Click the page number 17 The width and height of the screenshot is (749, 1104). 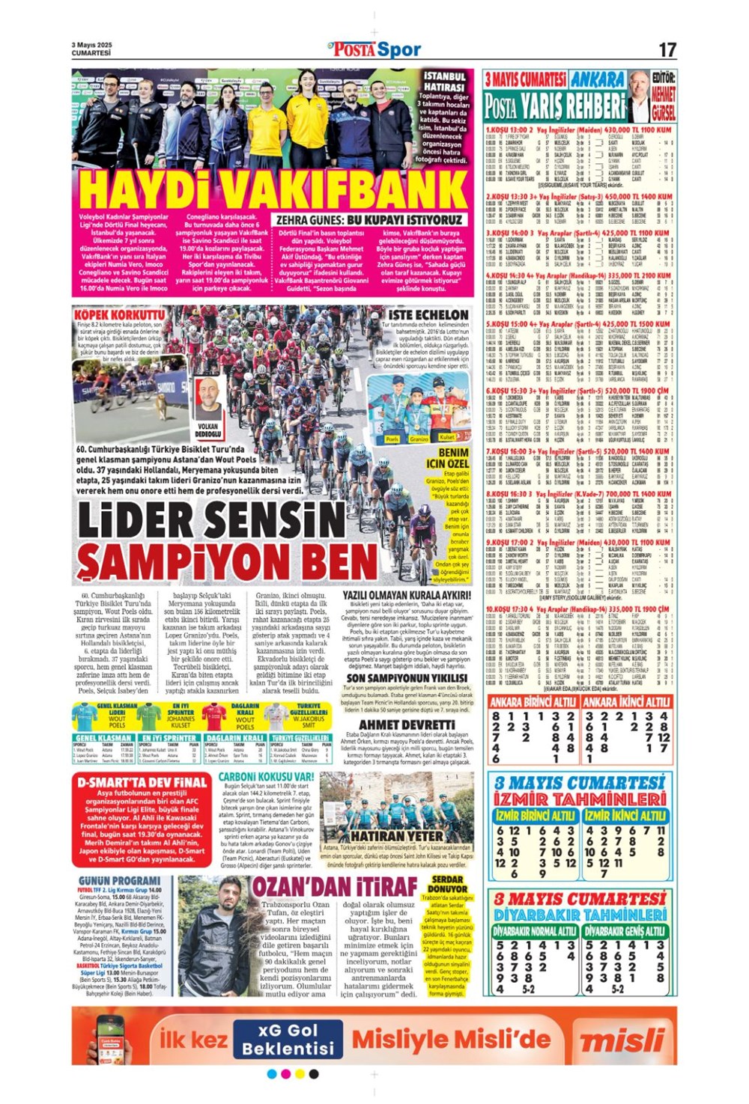click(667, 50)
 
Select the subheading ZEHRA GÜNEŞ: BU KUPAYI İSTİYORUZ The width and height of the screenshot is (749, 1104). click(370, 220)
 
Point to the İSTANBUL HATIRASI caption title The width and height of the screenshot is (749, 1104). click(445, 82)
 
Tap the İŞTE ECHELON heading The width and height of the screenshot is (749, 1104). click(428, 314)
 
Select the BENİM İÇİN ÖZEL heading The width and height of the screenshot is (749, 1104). click(453, 458)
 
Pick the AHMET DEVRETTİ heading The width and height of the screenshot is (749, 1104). click(406, 725)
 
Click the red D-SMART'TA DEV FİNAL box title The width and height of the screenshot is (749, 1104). click(142, 782)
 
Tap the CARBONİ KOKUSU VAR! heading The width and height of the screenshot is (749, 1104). click(266, 777)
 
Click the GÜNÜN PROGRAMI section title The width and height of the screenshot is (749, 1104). click(118, 880)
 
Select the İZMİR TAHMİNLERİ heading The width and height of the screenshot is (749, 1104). click(580, 799)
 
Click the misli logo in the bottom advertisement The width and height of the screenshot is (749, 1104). click(622, 1040)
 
